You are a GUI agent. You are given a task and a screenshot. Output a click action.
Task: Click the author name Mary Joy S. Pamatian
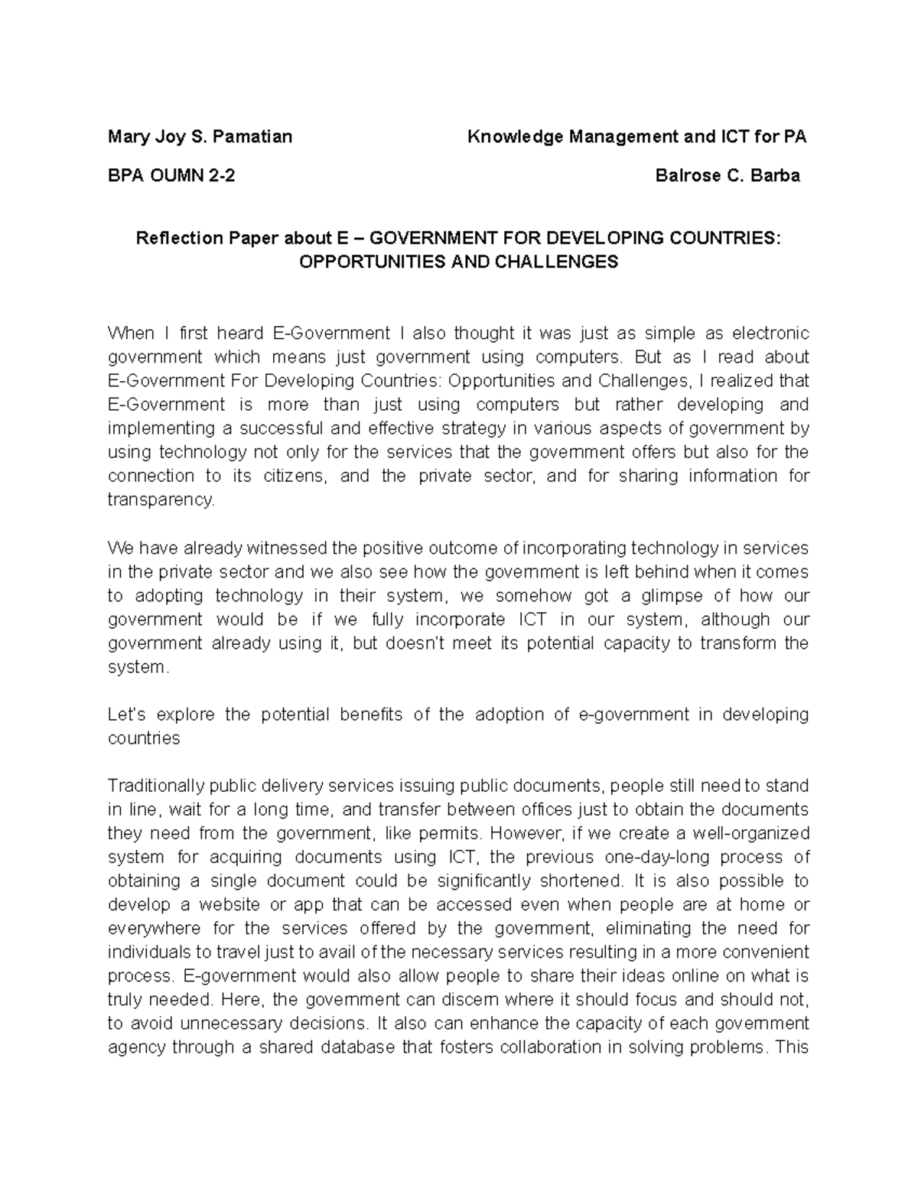200,137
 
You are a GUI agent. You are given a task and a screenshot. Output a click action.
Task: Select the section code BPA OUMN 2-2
171,175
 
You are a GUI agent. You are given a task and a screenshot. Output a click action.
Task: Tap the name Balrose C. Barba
728,175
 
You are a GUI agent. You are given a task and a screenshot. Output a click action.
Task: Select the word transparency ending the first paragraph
162,500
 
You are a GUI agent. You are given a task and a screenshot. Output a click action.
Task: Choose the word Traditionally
156,786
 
